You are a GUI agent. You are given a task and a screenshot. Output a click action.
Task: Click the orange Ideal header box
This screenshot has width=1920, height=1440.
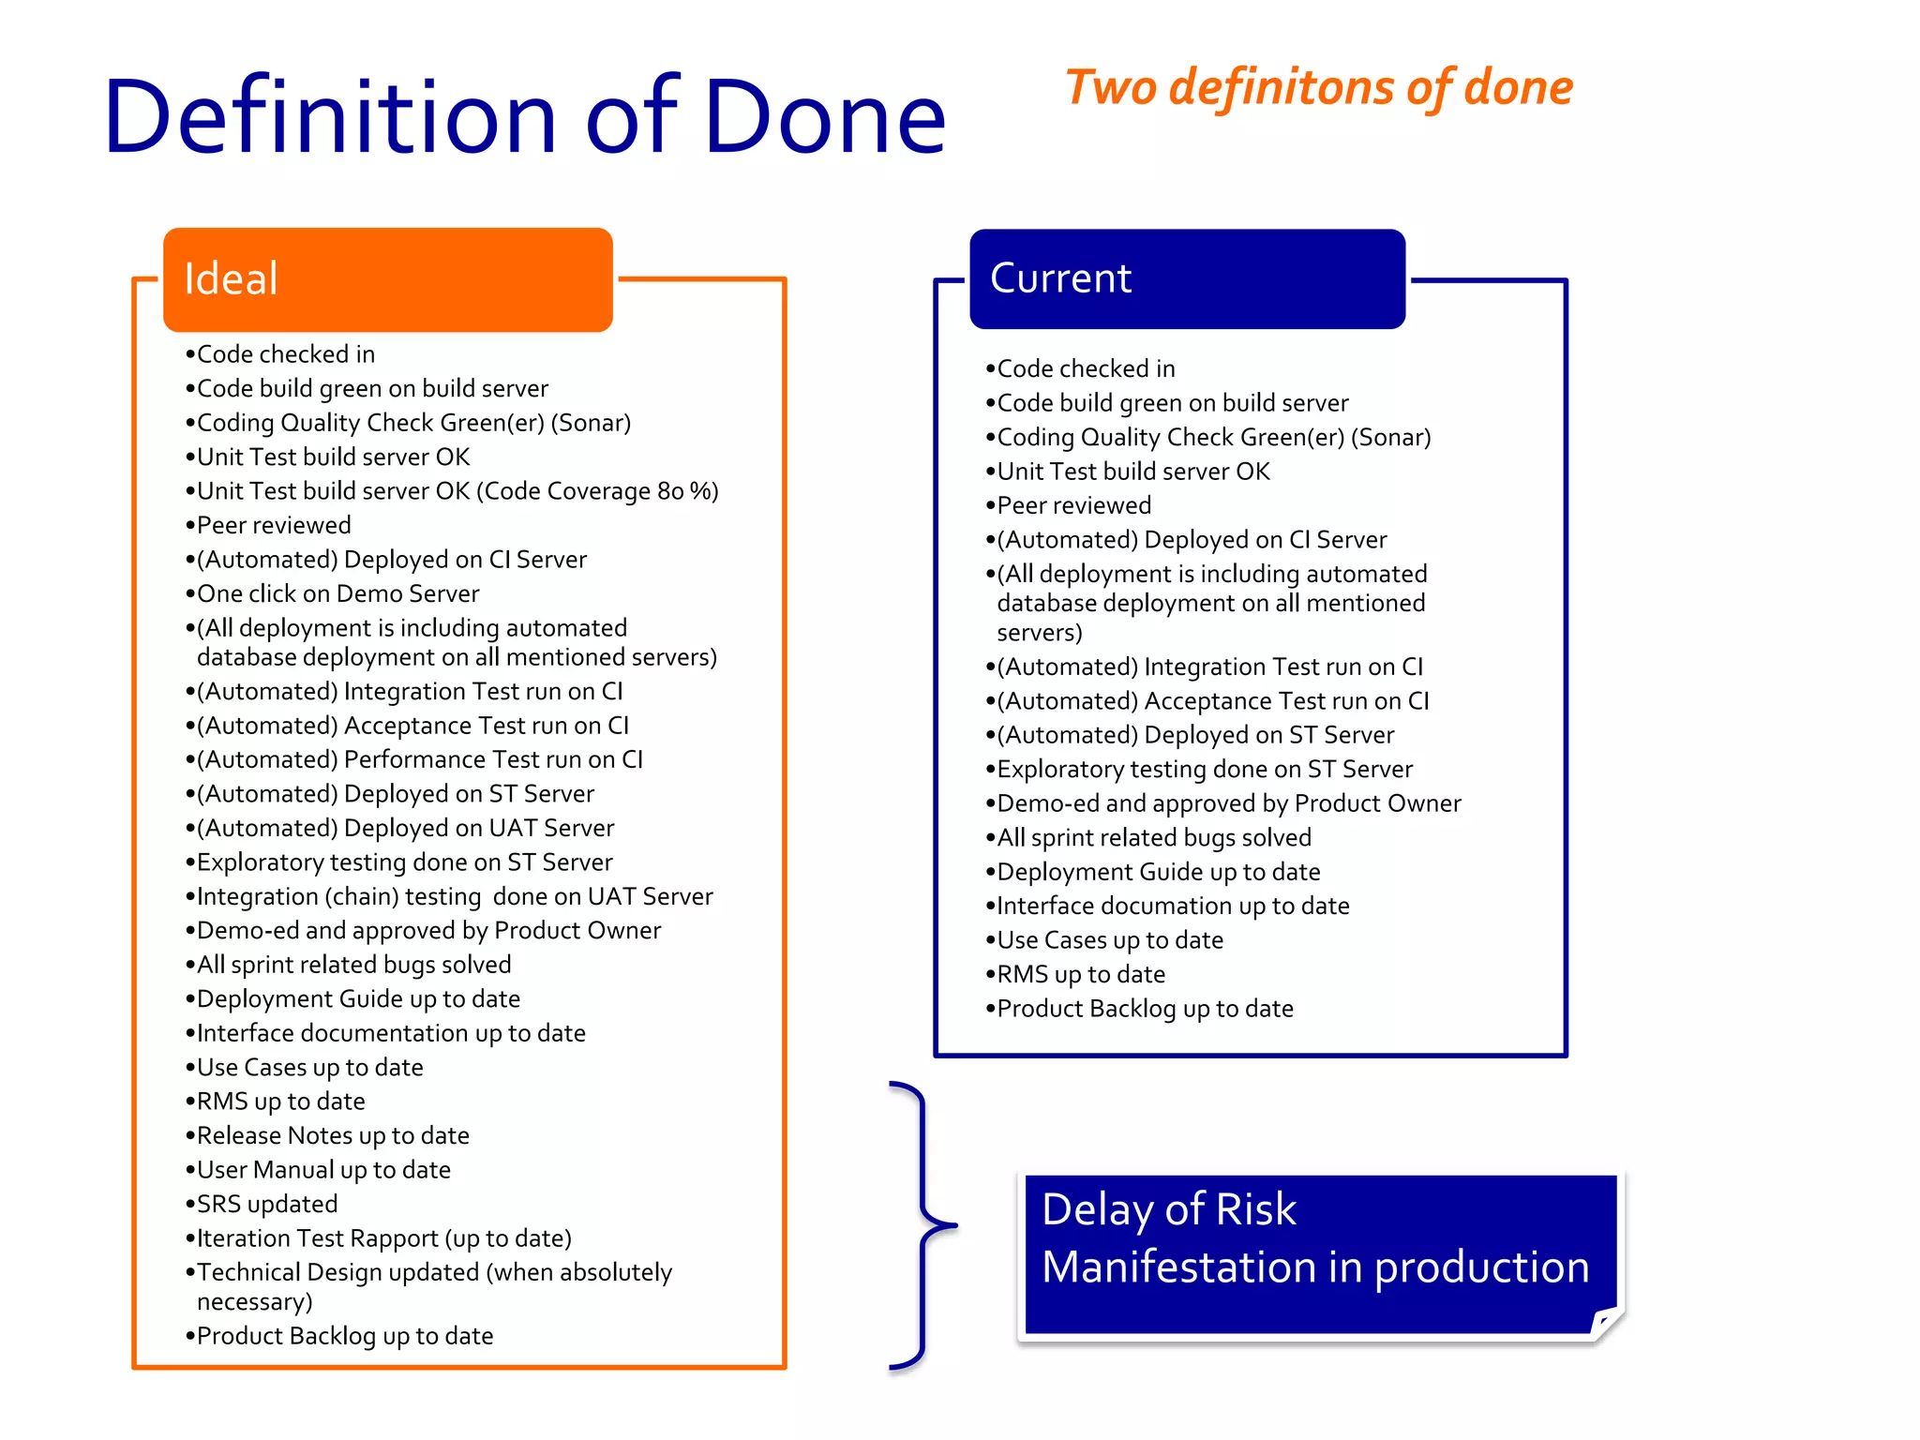pos(387,279)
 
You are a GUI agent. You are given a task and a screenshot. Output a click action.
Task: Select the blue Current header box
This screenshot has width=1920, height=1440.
pos(1187,278)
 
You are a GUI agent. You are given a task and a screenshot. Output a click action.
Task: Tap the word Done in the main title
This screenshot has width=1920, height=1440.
pos(825,117)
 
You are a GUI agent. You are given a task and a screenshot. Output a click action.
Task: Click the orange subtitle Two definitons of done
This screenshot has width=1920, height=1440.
pos(1318,87)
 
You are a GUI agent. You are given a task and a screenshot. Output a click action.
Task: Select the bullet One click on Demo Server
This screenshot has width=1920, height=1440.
pos(337,593)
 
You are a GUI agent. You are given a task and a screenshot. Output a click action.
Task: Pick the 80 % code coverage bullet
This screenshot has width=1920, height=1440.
pos(457,491)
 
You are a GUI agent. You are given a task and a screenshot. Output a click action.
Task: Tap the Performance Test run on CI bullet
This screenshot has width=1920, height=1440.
pos(419,759)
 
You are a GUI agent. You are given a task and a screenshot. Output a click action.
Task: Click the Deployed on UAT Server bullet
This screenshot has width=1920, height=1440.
pos(405,828)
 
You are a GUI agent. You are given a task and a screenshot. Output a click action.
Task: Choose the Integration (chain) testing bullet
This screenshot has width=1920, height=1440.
pos(454,896)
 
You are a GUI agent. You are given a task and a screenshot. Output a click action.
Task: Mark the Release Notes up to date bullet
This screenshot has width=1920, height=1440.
pos(332,1135)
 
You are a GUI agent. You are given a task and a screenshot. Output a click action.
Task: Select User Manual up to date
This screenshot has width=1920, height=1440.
pos(322,1170)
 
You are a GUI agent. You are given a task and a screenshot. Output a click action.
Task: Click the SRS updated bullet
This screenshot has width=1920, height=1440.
pos(266,1204)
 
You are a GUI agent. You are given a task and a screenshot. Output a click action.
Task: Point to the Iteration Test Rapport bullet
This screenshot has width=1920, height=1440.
pos(383,1238)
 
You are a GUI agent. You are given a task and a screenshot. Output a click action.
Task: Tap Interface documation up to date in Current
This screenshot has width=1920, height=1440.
pos(1172,906)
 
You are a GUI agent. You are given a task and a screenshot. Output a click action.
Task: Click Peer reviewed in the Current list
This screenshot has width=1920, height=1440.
pos(1073,505)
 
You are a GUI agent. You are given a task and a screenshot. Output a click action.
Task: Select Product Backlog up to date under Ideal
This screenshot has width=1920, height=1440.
pos(344,1336)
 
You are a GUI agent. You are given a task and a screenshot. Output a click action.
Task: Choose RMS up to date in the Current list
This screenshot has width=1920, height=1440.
pos(1080,974)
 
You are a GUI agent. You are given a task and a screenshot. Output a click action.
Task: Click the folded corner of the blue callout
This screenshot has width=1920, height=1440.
pos(1606,1322)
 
